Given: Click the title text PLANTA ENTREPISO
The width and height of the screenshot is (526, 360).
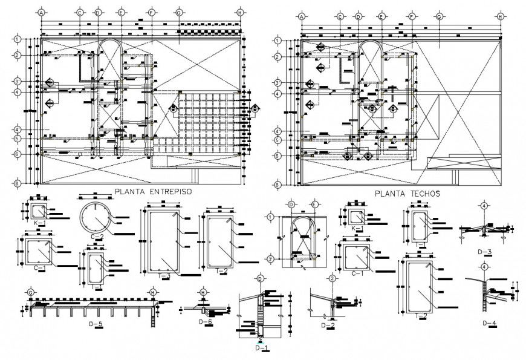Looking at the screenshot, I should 153,191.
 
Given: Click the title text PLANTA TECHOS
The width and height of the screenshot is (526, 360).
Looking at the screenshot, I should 407,194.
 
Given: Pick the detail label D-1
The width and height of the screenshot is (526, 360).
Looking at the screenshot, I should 261,349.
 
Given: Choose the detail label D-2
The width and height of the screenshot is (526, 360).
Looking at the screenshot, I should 328,326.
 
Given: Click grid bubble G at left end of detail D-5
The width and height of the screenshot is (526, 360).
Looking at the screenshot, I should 30,292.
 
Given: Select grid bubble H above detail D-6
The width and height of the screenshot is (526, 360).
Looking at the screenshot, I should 204,292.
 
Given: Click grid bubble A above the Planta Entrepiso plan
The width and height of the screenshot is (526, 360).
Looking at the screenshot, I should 41,12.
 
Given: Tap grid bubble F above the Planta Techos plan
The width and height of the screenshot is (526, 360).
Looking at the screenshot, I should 411,17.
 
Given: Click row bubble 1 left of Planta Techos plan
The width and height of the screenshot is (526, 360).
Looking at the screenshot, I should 278,40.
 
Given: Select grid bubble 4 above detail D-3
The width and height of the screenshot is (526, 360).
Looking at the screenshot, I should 484,206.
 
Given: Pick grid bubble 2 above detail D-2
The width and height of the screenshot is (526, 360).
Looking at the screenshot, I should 333,278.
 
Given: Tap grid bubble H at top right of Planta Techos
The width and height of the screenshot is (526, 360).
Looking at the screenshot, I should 499,17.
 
